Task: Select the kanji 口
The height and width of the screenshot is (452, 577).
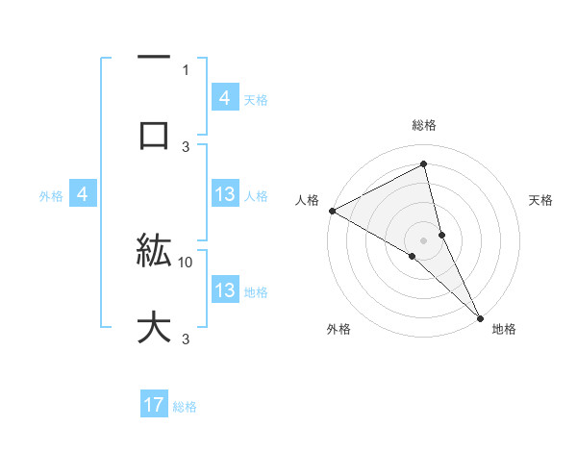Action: click(x=154, y=134)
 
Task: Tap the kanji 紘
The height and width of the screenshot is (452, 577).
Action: click(x=154, y=252)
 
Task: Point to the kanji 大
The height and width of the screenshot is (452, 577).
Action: click(x=154, y=327)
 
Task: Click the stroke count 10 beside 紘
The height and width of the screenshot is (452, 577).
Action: click(x=186, y=261)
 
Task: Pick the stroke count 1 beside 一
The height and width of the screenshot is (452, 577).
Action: click(x=186, y=69)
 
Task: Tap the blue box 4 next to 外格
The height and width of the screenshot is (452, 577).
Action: click(x=82, y=195)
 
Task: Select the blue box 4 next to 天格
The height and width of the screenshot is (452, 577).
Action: click(x=224, y=98)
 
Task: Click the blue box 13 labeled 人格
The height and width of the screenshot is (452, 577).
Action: click(x=224, y=195)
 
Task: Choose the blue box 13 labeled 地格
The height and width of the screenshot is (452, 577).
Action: click(x=224, y=291)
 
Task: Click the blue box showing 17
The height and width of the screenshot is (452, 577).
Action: click(x=154, y=406)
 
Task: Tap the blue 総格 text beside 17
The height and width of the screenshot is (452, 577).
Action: click(x=185, y=407)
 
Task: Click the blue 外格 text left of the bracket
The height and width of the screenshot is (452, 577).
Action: click(x=51, y=196)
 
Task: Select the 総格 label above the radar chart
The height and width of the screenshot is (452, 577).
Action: click(x=424, y=125)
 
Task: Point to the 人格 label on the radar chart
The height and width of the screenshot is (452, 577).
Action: click(x=307, y=200)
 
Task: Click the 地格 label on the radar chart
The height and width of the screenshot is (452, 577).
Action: click(x=504, y=329)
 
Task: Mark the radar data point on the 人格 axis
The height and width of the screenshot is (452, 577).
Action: click(x=332, y=211)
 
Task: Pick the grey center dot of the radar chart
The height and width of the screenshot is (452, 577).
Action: click(x=424, y=239)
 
